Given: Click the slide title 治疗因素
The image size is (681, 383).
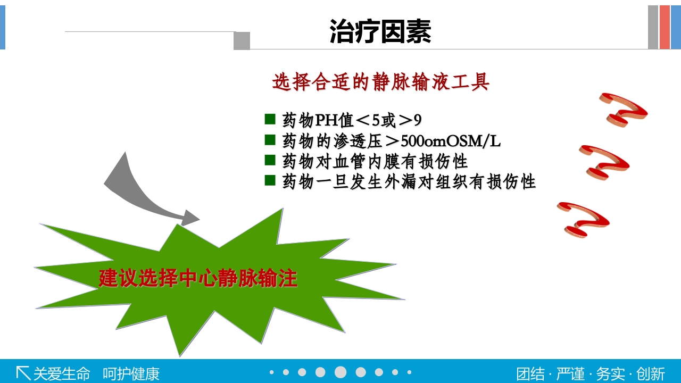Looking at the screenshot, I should click(x=380, y=31).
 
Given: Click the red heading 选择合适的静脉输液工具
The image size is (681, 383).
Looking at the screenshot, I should click(x=380, y=82).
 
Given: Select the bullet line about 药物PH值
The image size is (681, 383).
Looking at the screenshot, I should click(x=352, y=120).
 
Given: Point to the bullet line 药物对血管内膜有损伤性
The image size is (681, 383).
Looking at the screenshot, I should click(x=375, y=161).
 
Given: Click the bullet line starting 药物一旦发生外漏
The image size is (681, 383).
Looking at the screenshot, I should click(x=409, y=181).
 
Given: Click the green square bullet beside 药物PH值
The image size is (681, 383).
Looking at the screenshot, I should click(x=270, y=119).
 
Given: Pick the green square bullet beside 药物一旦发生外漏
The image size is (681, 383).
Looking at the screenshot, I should click(x=270, y=180).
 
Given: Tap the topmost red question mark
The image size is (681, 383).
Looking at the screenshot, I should click(x=624, y=110).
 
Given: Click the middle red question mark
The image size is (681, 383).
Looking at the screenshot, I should click(x=604, y=162).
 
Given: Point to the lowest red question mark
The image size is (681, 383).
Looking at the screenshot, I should click(x=584, y=219).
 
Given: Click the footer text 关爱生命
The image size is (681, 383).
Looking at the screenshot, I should click(x=62, y=373).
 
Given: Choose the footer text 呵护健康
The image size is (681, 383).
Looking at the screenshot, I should click(x=131, y=373).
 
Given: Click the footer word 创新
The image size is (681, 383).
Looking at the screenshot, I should click(x=651, y=373).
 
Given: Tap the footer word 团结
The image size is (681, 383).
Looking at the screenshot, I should click(x=530, y=373).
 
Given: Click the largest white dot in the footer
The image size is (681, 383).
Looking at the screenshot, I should click(x=340, y=372).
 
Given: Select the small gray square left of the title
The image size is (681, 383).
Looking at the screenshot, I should click(x=242, y=41).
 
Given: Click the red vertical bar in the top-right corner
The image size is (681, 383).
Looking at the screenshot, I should click(x=665, y=27).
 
